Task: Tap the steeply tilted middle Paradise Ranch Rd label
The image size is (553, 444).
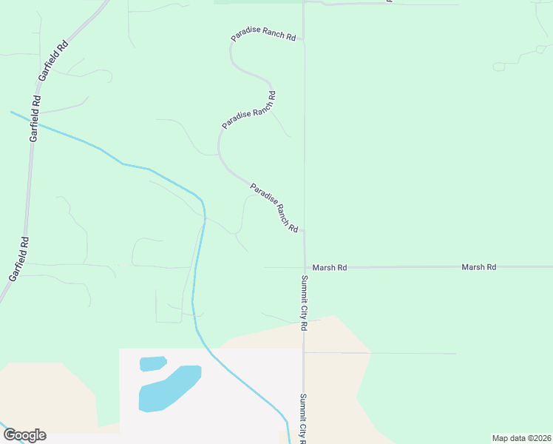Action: tap(248, 110)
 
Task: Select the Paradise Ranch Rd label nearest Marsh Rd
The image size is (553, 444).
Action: tap(274, 208)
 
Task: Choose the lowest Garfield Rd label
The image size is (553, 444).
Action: tap(19, 258)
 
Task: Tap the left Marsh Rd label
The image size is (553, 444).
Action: tap(329, 267)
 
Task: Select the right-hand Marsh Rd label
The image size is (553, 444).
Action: tap(478, 267)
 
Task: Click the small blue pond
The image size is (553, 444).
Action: tap(152, 363)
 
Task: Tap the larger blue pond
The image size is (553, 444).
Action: tap(169, 388)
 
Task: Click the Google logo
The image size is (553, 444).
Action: tap(24, 435)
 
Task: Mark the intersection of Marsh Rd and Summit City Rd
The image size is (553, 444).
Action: tap(305, 267)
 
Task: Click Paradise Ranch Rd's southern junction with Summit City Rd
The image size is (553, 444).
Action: tap(304, 230)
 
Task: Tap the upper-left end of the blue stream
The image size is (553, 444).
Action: tap(12, 112)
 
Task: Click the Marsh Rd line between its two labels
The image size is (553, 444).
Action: tap(403, 267)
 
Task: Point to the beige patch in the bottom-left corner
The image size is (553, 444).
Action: tap(44, 392)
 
